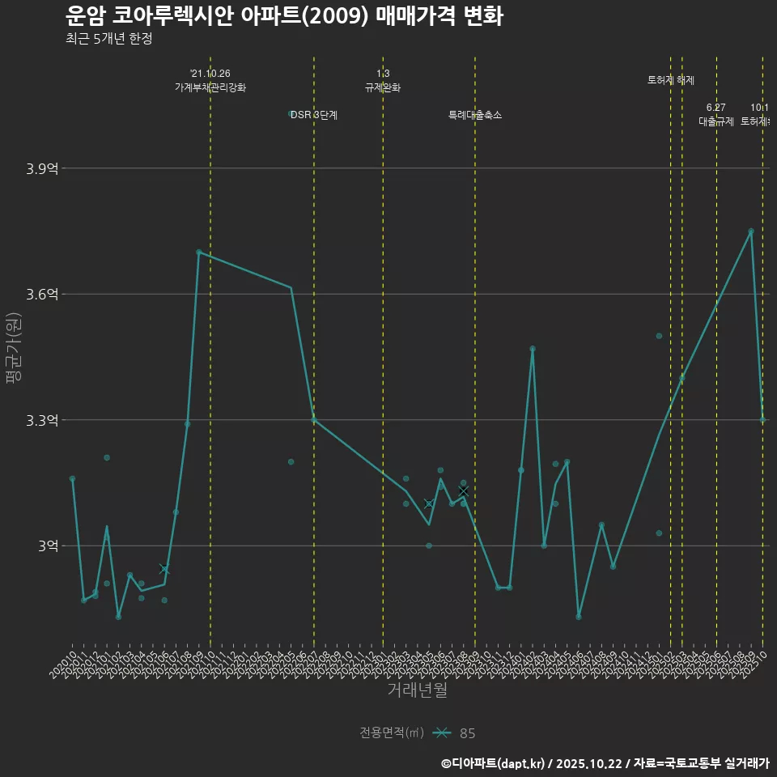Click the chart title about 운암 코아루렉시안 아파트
click(x=284, y=15)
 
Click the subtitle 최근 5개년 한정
click(x=108, y=39)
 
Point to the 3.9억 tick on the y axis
click(x=42, y=168)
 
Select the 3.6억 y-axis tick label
click(x=42, y=294)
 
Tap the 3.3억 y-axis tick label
click(x=42, y=420)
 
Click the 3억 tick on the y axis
click(x=48, y=546)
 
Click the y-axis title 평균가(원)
click(x=14, y=349)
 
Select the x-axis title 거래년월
click(x=417, y=690)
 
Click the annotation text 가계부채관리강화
click(x=210, y=87)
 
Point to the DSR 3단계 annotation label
click(x=314, y=115)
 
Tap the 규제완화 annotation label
click(x=383, y=87)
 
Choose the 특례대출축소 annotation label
click(x=475, y=115)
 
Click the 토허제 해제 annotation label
click(x=671, y=80)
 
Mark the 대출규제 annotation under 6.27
click(x=716, y=121)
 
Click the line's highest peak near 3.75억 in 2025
click(x=751, y=231)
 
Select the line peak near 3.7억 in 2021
click(x=198, y=252)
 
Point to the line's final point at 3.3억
click(x=762, y=419)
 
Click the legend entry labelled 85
click(x=467, y=733)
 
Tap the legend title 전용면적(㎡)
click(x=392, y=733)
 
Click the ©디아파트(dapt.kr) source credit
click(x=494, y=762)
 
